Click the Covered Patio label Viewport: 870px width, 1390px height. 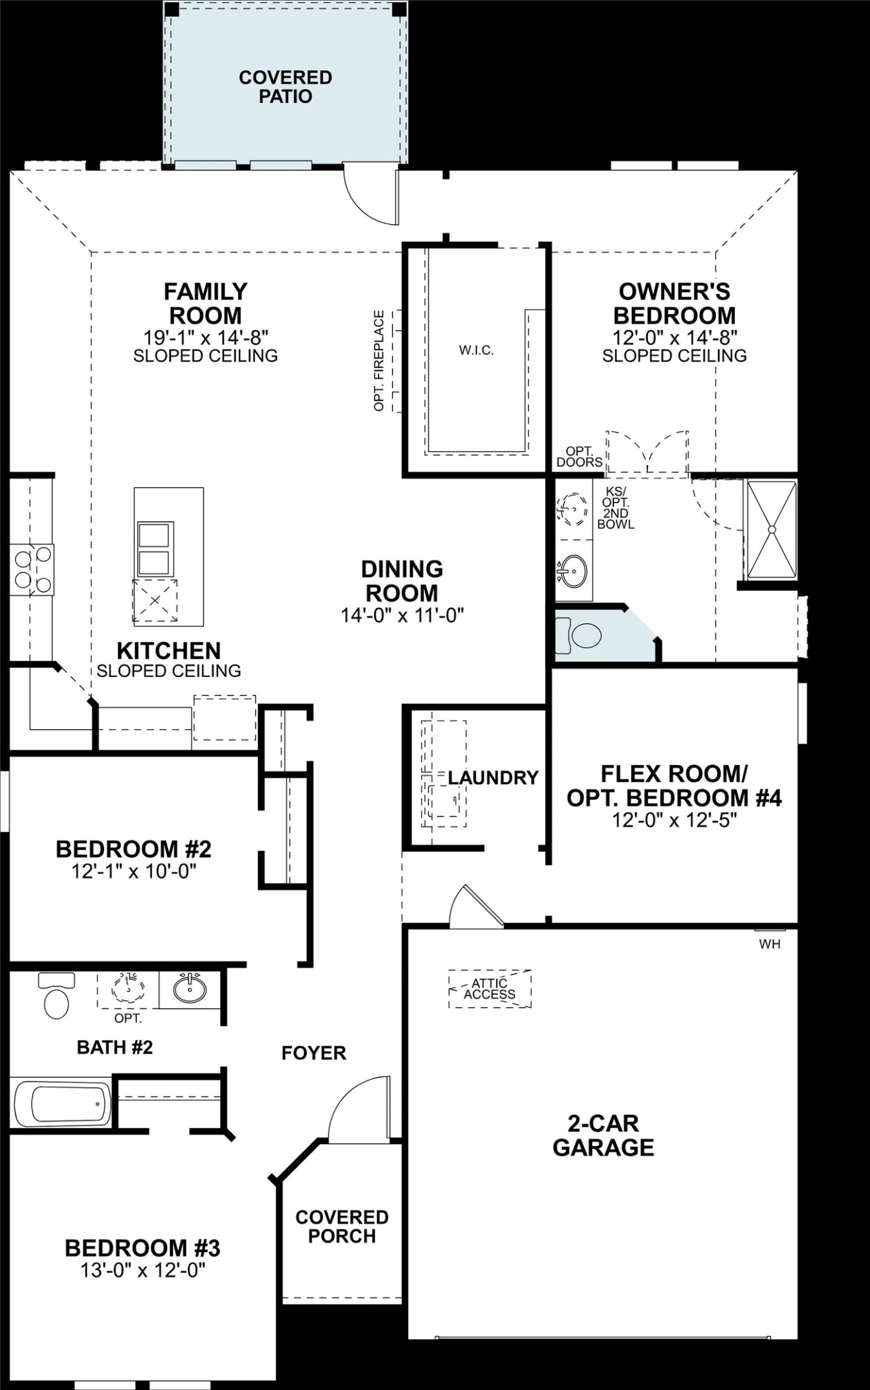(x=285, y=87)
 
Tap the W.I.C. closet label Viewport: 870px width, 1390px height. (x=476, y=351)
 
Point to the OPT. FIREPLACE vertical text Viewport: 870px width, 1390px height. (x=379, y=360)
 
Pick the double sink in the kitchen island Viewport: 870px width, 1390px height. (x=155, y=549)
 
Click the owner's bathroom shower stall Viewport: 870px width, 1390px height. (x=770, y=529)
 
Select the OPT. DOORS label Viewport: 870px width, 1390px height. (x=579, y=457)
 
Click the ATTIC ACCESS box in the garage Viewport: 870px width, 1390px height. (x=490, y=988)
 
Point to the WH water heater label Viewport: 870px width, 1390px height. (x=770, y=945)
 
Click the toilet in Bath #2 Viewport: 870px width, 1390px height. (x=56, y=998)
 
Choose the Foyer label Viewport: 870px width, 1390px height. (x=314, y=1053)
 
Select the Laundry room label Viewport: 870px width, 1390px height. (x=493, y=778)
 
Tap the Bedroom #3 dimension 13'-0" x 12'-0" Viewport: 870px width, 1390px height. (x=143, y=1270)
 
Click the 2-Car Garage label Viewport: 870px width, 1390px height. (x=603, y=1135)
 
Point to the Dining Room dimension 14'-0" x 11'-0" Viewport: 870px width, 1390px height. (x=402, y=615)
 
